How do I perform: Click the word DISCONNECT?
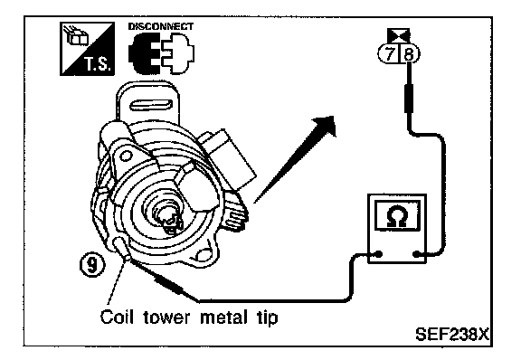(x=160, y=26)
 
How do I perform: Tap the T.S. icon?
(x=87, y=49)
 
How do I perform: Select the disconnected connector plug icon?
(x=162, y=53)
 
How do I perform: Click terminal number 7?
(x=389, y=53)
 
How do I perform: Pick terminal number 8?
(x=410, y=53)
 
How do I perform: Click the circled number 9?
(x=92, y=266)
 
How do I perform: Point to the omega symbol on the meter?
(x=397, y=216)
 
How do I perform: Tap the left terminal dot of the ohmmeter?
(x=378, y=255)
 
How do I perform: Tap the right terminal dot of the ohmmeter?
(x=416, y=255)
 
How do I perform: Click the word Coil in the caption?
(x=117, y=317)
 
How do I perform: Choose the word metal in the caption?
(x=223, y=317)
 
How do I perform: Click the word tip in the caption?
(x=268, y=317)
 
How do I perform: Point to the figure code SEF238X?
(x=452, y=334)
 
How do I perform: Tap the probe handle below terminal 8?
(x=409, y=98)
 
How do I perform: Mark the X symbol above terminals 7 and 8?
(x=399, y=35)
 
